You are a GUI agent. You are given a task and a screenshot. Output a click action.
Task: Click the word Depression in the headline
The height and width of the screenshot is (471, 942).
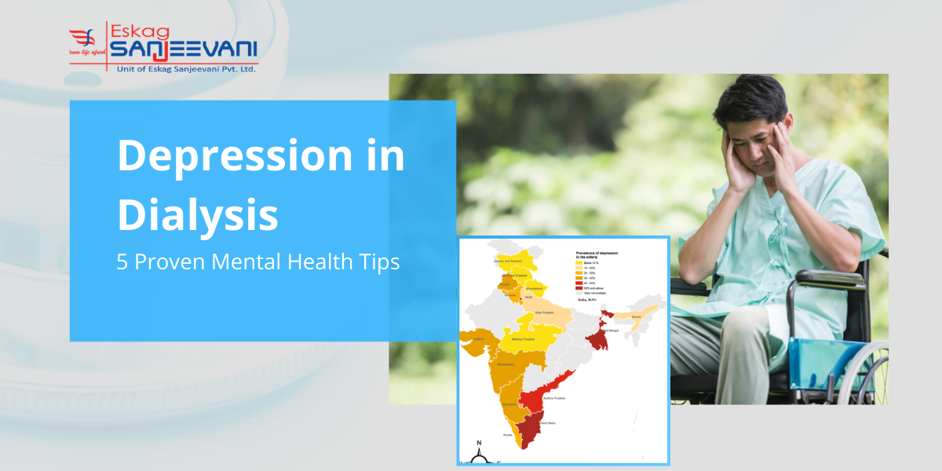234,156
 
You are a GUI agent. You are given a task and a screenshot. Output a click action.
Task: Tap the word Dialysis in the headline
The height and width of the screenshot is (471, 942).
198,215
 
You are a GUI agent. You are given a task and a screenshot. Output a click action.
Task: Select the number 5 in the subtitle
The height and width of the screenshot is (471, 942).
122,262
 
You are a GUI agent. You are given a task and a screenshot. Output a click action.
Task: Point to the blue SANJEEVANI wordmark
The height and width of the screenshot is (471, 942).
184,51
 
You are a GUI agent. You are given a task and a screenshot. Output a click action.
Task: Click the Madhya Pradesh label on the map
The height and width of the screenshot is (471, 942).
523,339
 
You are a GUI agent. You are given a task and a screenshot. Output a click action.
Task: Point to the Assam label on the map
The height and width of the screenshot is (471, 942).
636,317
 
